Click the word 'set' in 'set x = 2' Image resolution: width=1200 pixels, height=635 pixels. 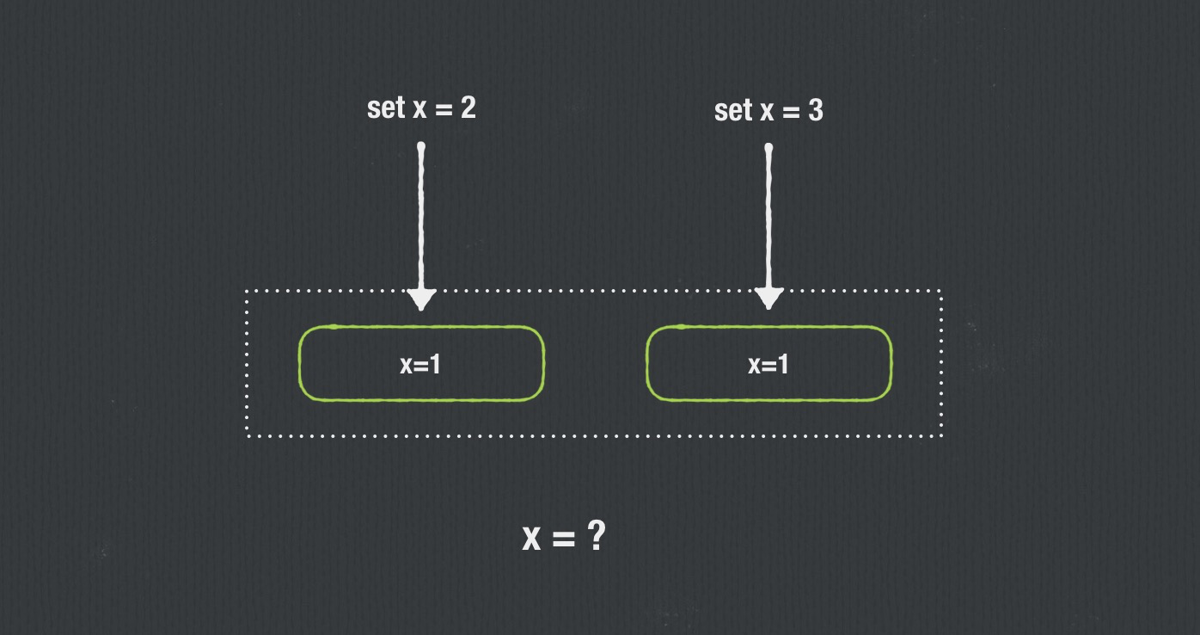coord(385,108)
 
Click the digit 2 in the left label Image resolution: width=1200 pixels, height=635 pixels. coord(468,108)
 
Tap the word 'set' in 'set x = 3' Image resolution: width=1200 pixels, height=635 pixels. coord(733,111)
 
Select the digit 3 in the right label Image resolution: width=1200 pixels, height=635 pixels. coord(815,110)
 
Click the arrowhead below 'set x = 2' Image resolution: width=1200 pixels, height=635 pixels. coord(421,299)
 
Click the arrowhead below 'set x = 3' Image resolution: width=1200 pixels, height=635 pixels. coord(768,298)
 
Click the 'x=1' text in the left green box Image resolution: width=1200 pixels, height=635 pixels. coord(420,364)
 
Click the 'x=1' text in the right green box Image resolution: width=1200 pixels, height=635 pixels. coord(768,365)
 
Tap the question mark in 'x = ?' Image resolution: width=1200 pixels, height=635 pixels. coord(597,537)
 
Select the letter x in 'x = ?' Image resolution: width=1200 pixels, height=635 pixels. coord(532,539)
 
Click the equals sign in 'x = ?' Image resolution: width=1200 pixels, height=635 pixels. coord(563,539)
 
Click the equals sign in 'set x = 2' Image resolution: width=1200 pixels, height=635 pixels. coord(443,109)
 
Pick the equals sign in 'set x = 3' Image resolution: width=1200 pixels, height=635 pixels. coord(790,112)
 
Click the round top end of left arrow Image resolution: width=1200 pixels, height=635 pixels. coord(421,147)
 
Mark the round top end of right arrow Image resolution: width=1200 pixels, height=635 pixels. coord(768,149)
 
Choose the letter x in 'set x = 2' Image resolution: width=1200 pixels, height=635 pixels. coord(419,110)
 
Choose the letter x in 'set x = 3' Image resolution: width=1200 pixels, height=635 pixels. coord(767,113)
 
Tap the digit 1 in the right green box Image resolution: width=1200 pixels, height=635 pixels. coord(782,365)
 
